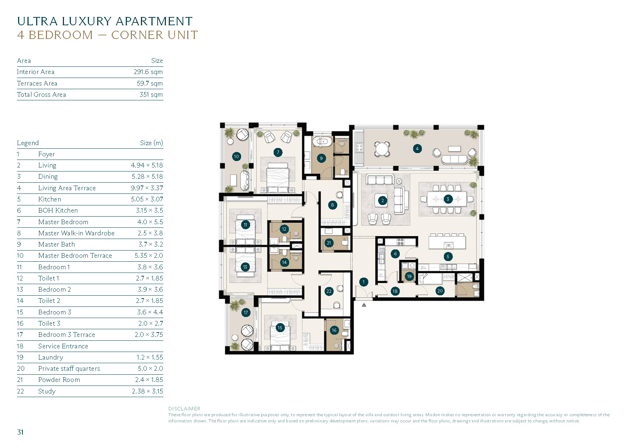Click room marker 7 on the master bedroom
click(278, 152)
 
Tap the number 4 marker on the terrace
click(417, 148)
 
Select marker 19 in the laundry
click(409, 277)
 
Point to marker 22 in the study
click(329, 291)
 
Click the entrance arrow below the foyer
click(364, 305)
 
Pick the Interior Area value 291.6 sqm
click(148, 72)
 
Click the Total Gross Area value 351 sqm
click(151, 95)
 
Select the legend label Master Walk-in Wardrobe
click(76, 233)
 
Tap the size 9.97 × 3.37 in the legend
click(147, 188)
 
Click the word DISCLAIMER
click(184, 409)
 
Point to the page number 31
click(20, 432)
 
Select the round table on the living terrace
click(382, 149)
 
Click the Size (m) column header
click(151, 143)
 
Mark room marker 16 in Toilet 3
click(334, 330)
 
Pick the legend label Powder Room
click(59, 380)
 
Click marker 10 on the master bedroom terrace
click(236, 156)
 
